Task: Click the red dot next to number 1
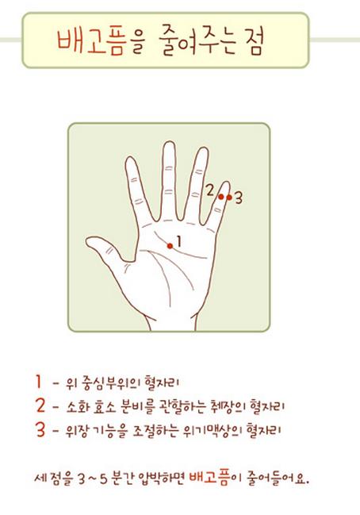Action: (170, 246)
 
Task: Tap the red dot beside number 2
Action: (221, 197)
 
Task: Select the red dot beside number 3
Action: (229, 198)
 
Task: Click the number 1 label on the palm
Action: (178, 241)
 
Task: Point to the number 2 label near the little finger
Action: (209, 190)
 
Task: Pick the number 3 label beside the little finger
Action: (239, 198)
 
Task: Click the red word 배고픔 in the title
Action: (91, 43)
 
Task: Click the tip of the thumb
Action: (87, 242)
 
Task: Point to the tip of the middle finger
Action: (170, 143)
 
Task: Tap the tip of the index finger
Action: (130, 159)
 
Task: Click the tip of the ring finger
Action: (204, 148)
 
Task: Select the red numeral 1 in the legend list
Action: (39, 382)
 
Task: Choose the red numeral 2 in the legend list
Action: (40, 405)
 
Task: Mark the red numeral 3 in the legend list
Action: (40, 429)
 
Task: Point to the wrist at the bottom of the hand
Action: (171, 324)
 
